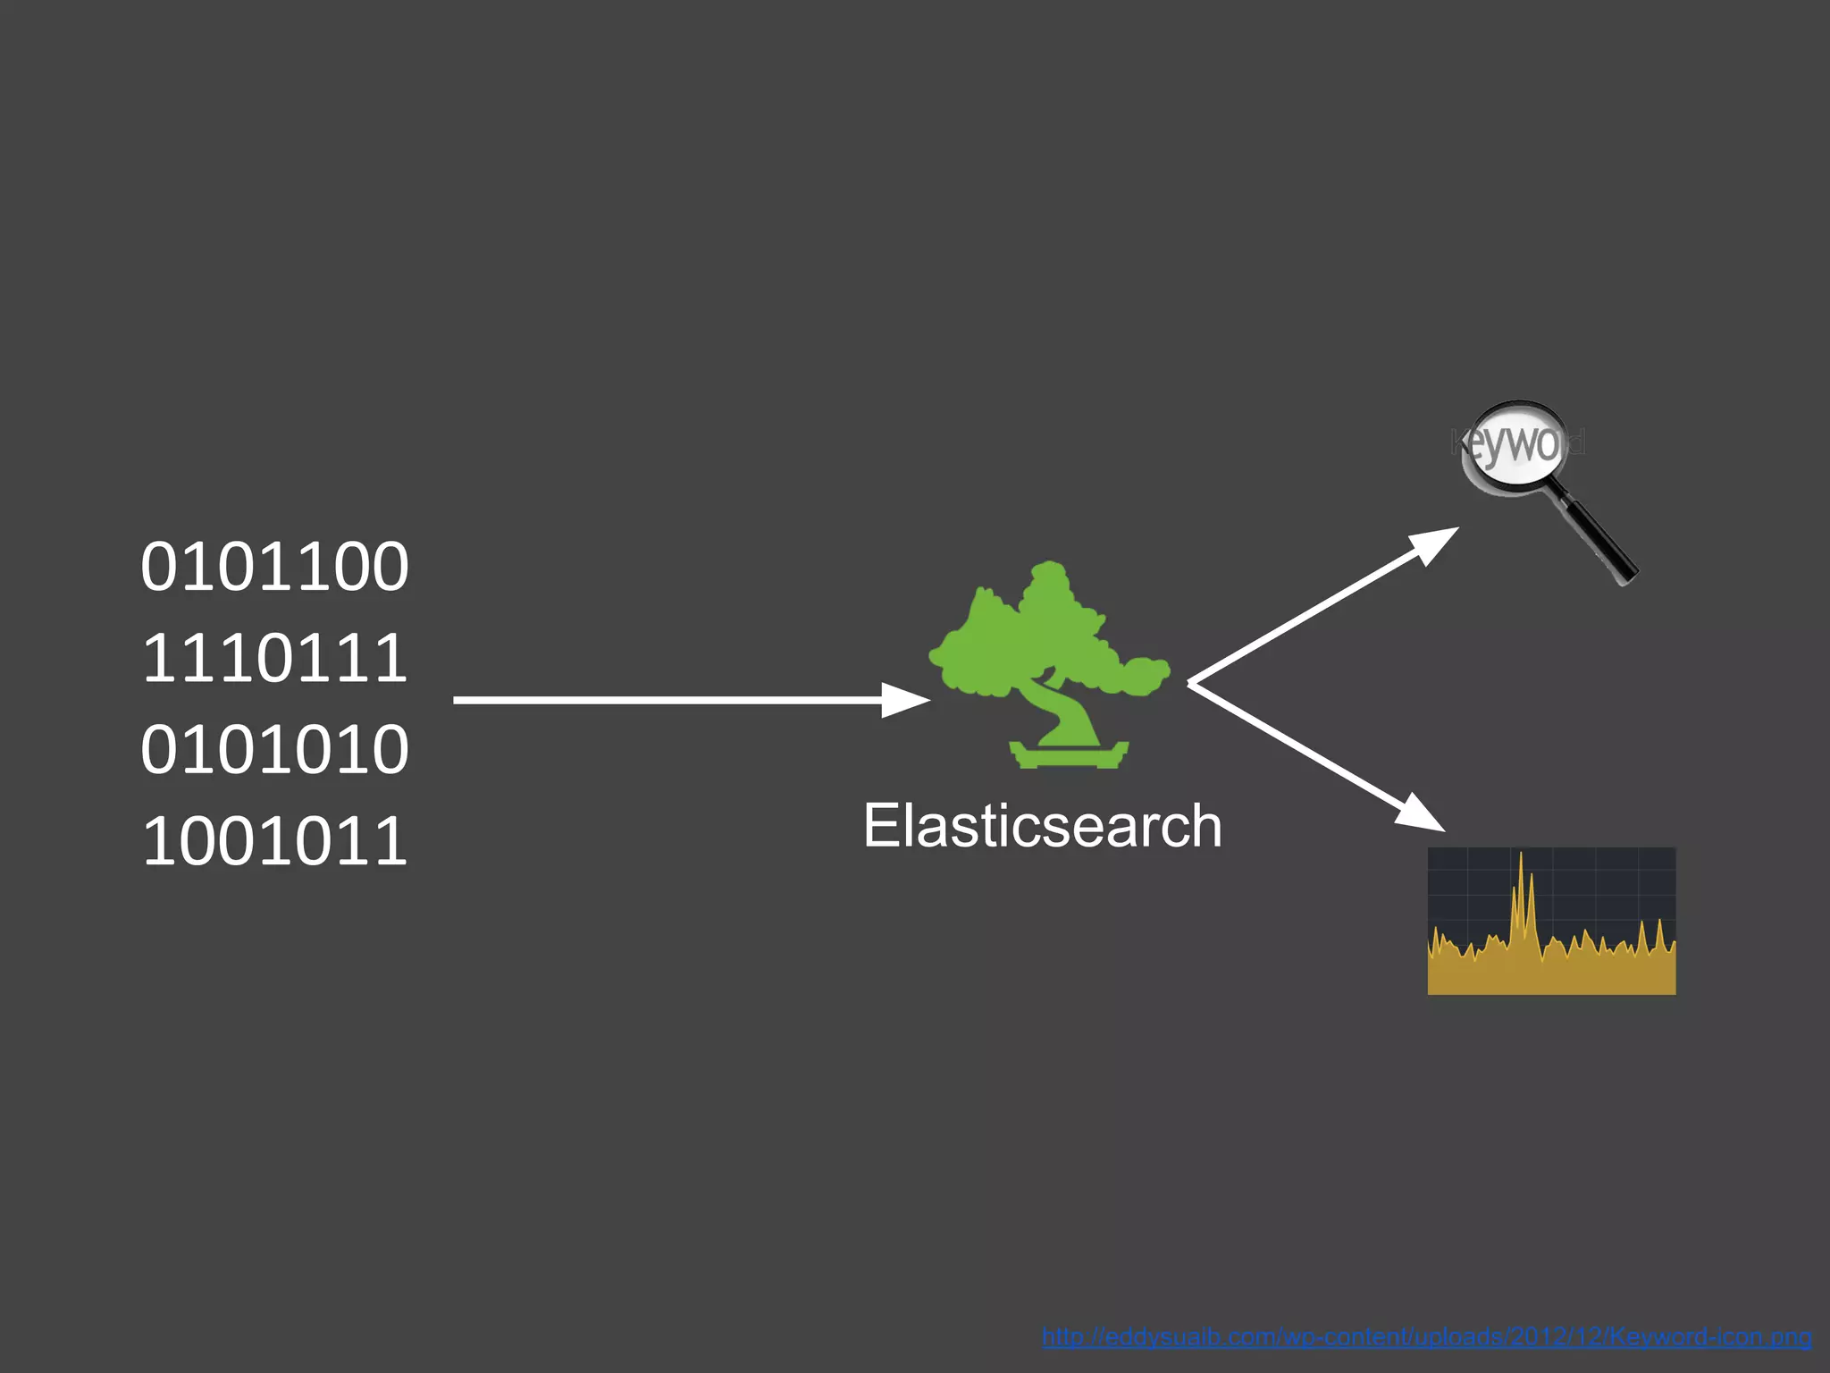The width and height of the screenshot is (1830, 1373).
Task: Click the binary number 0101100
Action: point(274,567)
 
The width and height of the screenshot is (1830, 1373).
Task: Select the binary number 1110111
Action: point(274,659)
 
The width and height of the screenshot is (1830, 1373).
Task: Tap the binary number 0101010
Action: point(274,750)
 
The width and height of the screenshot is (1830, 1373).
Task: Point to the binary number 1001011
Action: point(274,841)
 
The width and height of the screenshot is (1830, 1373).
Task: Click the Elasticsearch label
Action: point(1042,825)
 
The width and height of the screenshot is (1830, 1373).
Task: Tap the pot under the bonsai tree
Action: point(1069,755)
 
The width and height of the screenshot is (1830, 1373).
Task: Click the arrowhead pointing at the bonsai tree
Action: point(904,700)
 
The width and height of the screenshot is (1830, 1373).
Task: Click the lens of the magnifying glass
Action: point(1515,444)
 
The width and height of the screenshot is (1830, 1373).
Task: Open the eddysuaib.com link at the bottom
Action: point(1426,1338)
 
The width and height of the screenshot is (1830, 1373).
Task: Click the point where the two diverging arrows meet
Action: point(1191,683)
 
